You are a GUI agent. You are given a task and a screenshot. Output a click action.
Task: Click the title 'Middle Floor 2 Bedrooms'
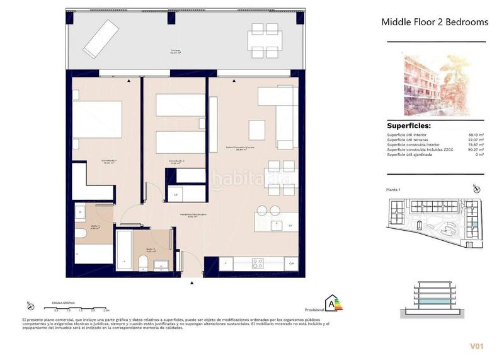pos(435,22)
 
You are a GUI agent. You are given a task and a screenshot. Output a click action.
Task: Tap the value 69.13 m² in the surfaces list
pos(474,134)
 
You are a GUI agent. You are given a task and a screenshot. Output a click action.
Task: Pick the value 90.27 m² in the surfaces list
pos(474,149)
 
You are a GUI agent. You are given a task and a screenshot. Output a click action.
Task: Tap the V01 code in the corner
pos(476,345)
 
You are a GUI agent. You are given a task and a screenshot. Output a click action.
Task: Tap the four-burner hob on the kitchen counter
pos(258,263)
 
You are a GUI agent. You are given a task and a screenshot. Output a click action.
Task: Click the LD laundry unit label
pos(175,195)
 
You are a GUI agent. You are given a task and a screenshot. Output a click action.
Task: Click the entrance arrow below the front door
pos(191,283)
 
